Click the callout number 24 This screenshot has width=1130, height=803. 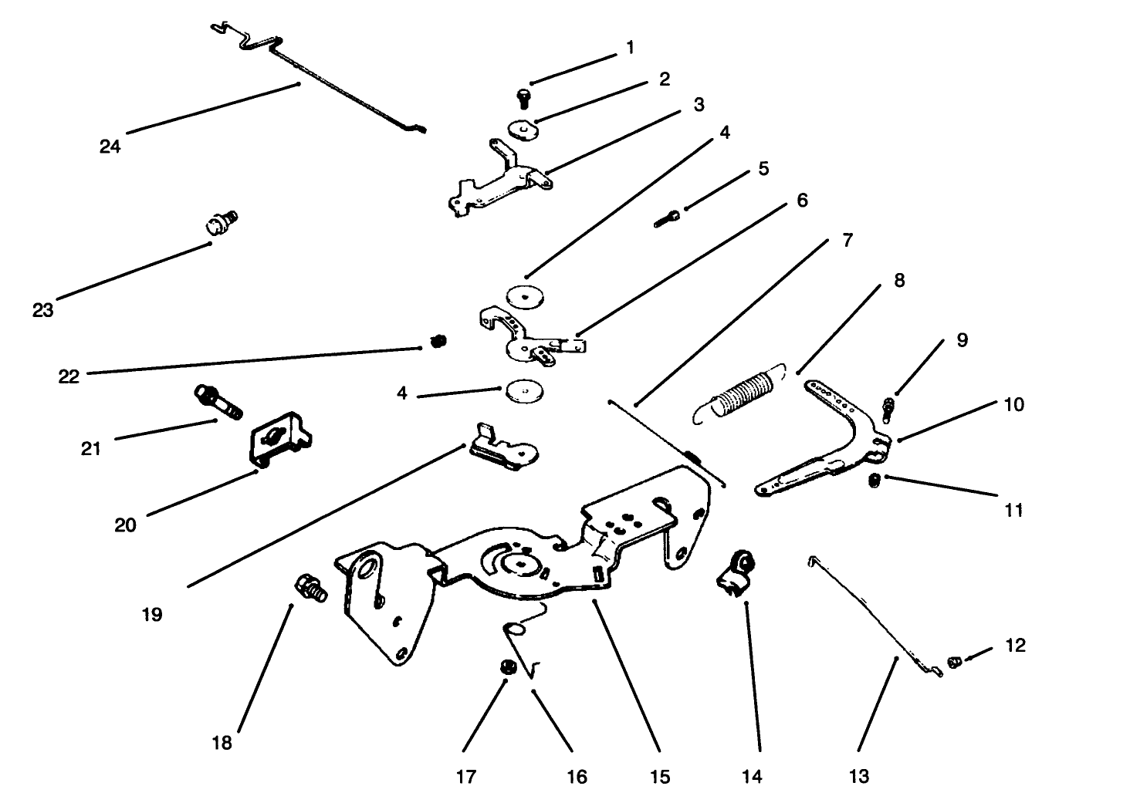[110, 146]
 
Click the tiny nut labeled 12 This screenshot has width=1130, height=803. [954, 662]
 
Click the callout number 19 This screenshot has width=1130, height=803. [152, 614]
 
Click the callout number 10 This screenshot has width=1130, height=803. [1013, 404]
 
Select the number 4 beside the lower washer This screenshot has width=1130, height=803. [402, 393]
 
